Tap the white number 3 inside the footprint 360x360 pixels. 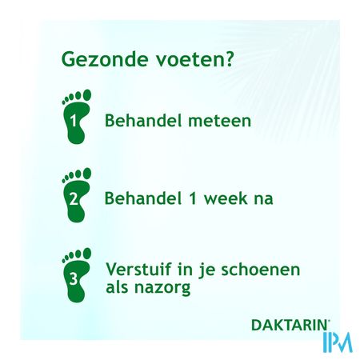pos(74,280)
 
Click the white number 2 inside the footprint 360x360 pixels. pos(74,198)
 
